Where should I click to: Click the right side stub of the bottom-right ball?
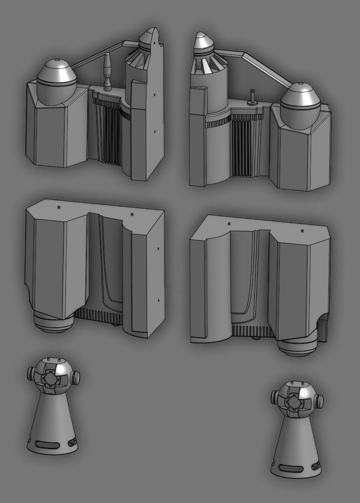[320, 400]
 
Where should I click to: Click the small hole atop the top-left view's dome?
[59, 60]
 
